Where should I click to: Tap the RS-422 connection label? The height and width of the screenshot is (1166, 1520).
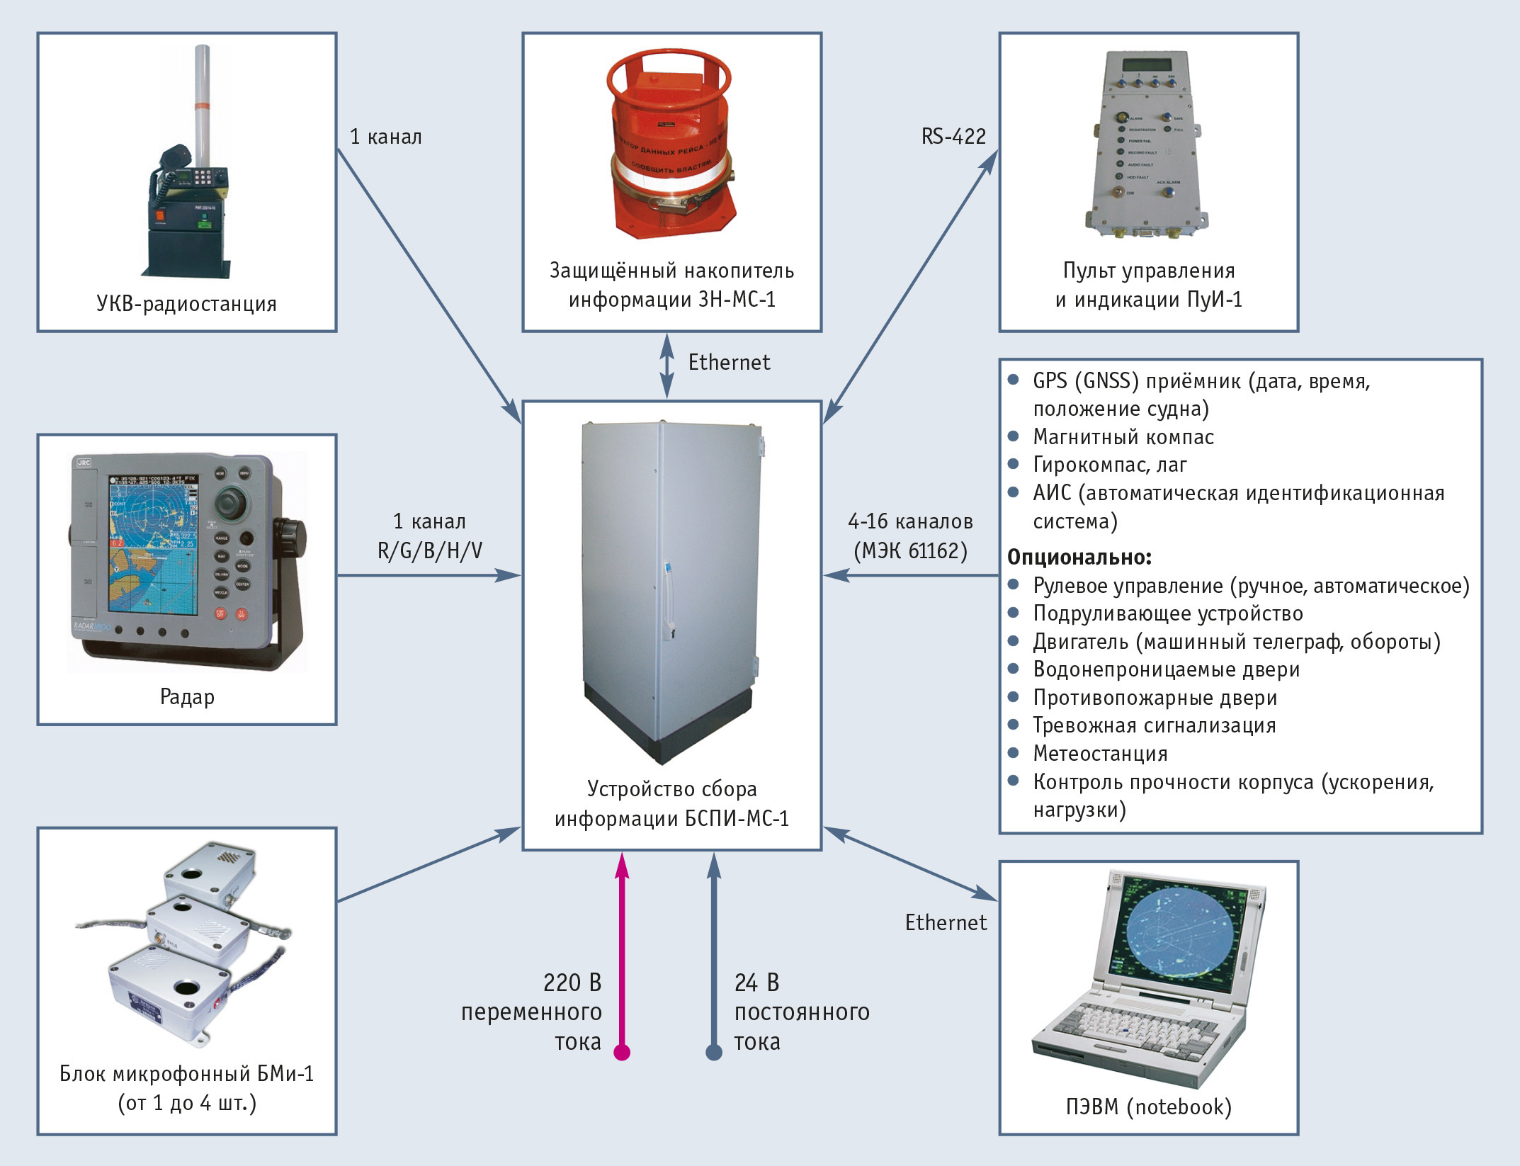[953, 136]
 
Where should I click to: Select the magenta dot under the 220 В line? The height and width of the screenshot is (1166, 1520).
[622, 1052]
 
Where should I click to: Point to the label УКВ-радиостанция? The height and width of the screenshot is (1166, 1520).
[186, 304]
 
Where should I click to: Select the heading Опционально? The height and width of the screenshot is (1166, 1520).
[1079, 557]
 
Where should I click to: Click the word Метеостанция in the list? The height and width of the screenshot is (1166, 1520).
[1100, 753]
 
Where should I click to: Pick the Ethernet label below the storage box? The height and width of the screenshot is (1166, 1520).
[729, 362]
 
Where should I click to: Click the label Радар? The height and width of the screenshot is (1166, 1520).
[187, 697]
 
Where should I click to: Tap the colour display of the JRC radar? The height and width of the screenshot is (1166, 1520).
[154, 543]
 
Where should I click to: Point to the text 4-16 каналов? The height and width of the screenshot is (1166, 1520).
[910, 521]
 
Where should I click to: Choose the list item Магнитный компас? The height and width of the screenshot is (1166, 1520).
[1123, 437]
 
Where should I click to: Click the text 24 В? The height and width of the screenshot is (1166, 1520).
[756, 983]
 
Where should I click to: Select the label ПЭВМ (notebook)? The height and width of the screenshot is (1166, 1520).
[1148, 1106]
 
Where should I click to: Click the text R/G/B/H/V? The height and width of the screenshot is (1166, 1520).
[429, 550]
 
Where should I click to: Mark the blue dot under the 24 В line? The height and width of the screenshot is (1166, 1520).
[714, 1052]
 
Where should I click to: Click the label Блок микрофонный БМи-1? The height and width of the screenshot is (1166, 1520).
[186, 1074]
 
